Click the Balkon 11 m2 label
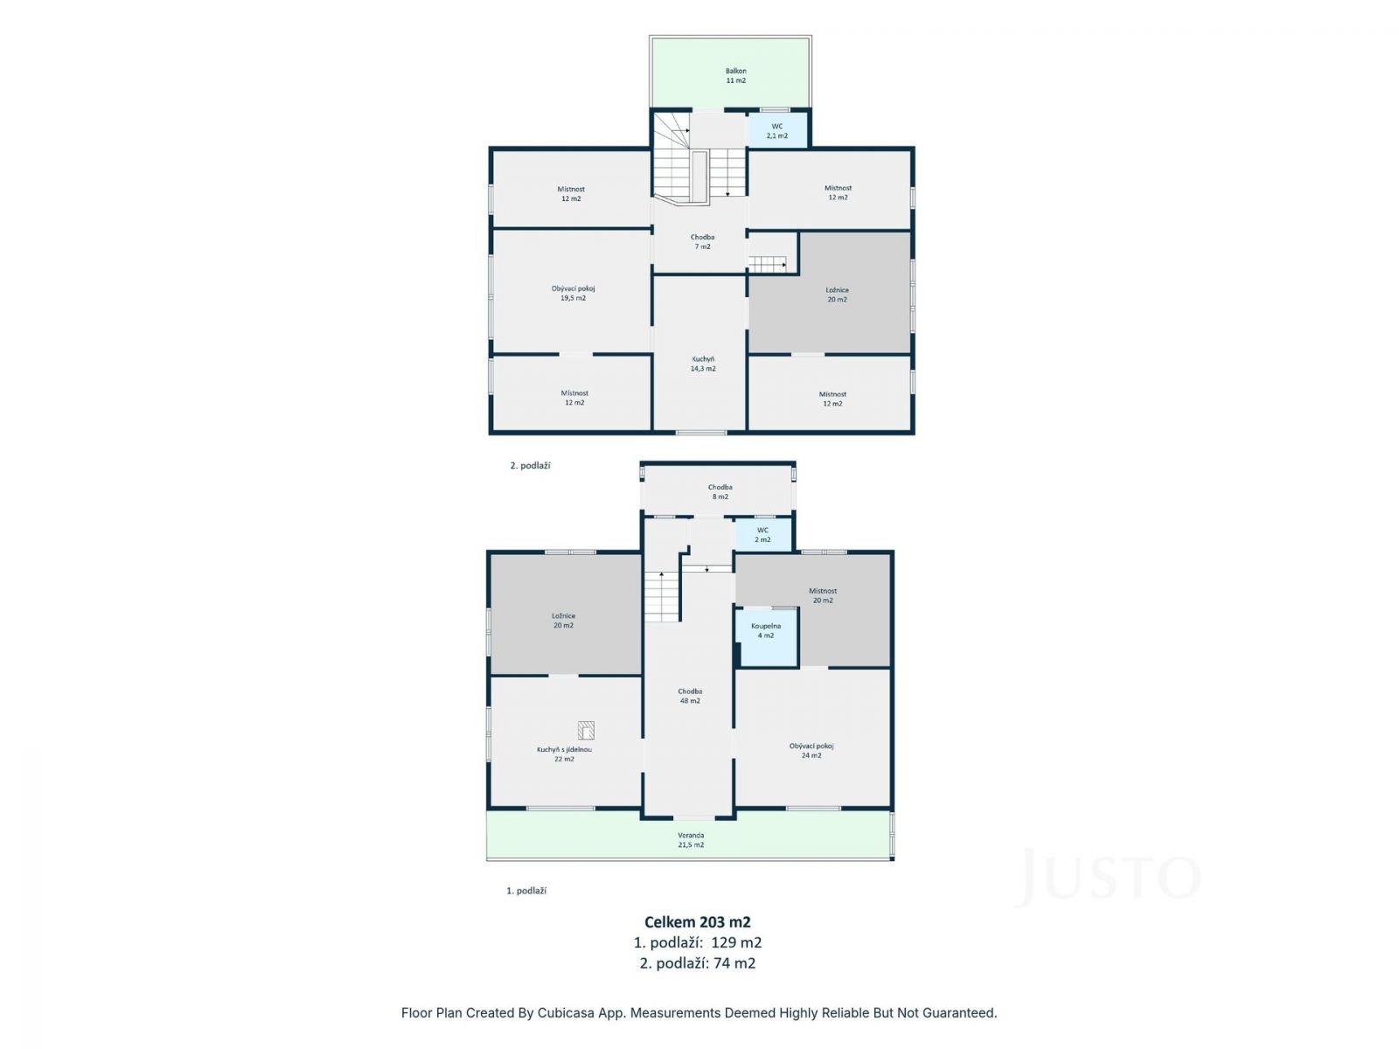point(735,76)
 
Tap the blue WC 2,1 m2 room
point(777,130)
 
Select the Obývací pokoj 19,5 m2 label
point(573,293)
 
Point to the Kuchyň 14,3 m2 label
point(703,364)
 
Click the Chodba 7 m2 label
point(702,242)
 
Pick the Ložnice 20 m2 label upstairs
point(837,295)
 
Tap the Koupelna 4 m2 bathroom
point(765,637)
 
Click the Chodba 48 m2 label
point(690,696)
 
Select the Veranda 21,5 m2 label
point(691,839)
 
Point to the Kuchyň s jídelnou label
point(564,750)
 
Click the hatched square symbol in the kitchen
point(586,730)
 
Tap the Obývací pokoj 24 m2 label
point(811,750)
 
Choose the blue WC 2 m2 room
point(763,534)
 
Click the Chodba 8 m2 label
point(720,491)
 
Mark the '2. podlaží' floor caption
point(530,466)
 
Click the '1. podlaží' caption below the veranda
point(526,891)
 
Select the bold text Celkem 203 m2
point(698,921)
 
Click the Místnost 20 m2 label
point(823,595)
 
